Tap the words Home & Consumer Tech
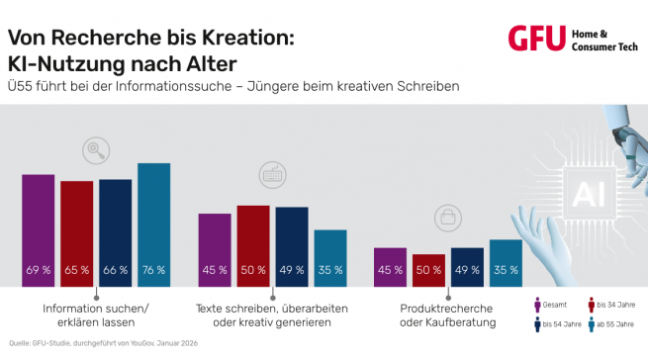[x=602, y=39]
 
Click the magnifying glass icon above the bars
[x=97, y=150]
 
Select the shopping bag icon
[x=447, y=216]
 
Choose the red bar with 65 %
[x=76, y=233]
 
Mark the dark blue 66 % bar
[x=115, y=232]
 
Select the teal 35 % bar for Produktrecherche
[x=506, y=262]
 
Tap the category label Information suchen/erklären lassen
[x=96, y=315]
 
